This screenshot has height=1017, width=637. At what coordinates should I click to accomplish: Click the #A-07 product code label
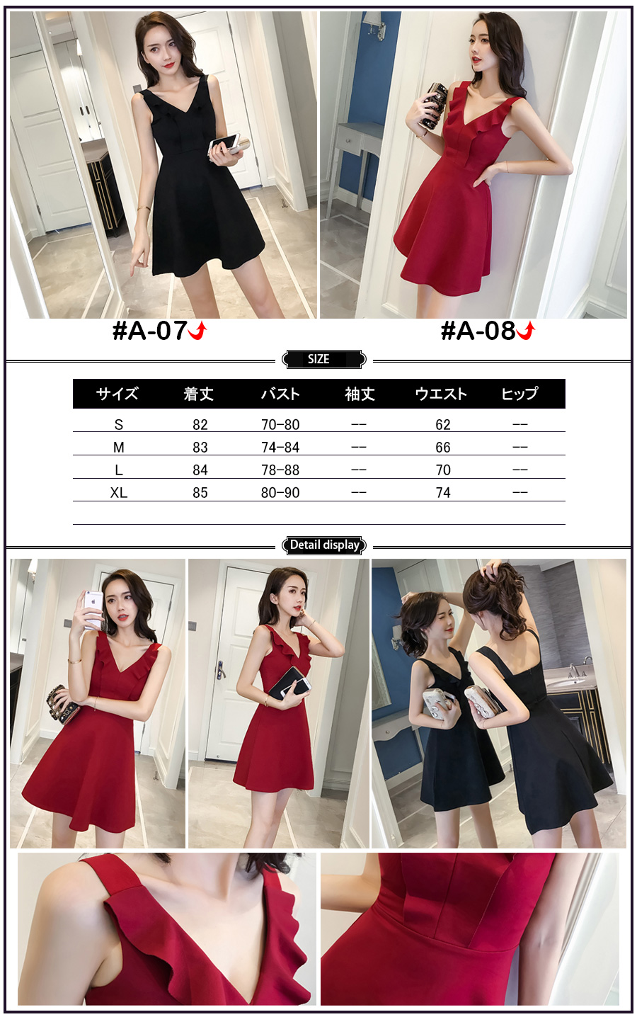coord(150,331)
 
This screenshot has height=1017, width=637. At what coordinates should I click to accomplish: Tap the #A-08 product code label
coord(478,331)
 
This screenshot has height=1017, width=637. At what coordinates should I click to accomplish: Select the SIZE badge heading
coord(318,359)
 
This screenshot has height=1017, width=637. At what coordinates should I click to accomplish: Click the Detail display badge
coord(324,545)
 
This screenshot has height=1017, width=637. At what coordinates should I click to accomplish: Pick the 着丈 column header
coord(198,394)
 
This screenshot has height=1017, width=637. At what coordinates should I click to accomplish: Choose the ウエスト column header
coord(441,394)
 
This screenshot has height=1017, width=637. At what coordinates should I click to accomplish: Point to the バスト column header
coord(280,394)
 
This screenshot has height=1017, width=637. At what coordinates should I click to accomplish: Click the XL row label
coord(119,493)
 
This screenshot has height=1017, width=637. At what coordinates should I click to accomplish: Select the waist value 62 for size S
coord(443,424)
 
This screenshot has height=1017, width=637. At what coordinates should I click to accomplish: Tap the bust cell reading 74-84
coord(280,447)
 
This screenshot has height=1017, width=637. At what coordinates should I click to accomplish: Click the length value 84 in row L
coord(200,470)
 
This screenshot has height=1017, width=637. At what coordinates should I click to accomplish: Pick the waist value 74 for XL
coord(443,493)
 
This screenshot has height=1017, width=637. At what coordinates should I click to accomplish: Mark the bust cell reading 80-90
coord(280,493)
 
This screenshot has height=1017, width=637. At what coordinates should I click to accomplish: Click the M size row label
coord(119,447)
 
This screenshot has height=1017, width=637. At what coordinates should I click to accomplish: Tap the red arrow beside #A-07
coord(197,331)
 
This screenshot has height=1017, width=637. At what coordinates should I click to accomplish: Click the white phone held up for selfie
coord(93,609)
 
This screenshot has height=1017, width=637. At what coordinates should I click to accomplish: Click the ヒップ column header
coord(520,394)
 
